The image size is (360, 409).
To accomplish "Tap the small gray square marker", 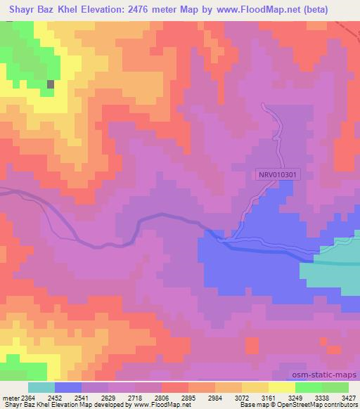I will click(x=51, y=84).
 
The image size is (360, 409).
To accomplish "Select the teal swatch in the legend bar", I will click(x=41, y=387).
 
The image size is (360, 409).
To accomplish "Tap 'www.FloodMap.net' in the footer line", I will click(x=162, y=405).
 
